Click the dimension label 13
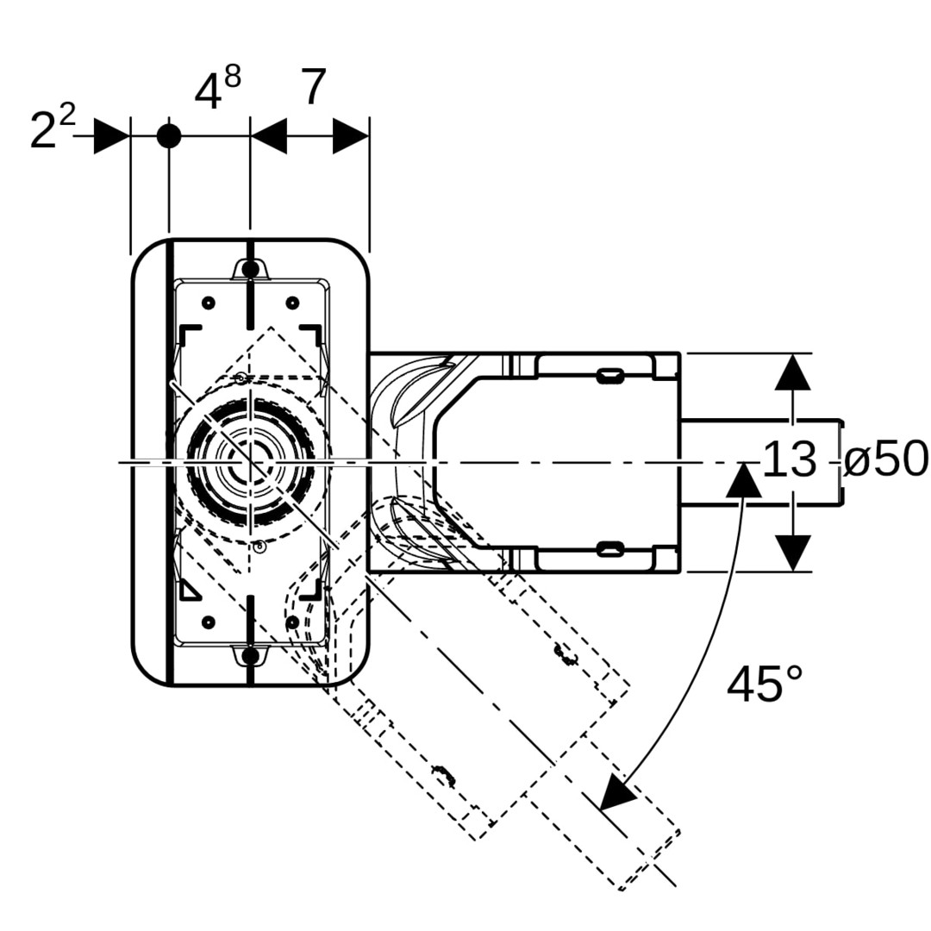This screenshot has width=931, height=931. tap(789, 459)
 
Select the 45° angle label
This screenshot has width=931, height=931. tap(765, 685)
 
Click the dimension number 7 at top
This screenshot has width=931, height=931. tap(314, 88)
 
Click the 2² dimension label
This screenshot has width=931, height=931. tap(52, 129)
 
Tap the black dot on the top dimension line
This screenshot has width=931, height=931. tap(169, 136)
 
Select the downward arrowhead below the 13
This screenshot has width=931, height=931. tap(792, 553)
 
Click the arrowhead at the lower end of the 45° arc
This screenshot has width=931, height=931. tap(617, 793)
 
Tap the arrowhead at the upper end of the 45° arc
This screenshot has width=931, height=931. tap(743, 479)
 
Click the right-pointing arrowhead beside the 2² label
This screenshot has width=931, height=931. tap(111, 136)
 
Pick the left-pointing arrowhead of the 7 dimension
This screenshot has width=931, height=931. tap(268, 136)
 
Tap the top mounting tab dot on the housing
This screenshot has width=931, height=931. tap(250, 271)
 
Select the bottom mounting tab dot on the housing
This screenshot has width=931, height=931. tap(250, 657)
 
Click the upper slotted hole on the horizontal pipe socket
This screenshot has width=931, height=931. tap(610, 375)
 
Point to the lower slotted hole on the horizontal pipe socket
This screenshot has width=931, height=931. tap(610, 549)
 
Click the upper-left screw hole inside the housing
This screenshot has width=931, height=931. tap(208, 303)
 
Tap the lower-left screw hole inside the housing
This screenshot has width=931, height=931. tap(208, 622)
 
